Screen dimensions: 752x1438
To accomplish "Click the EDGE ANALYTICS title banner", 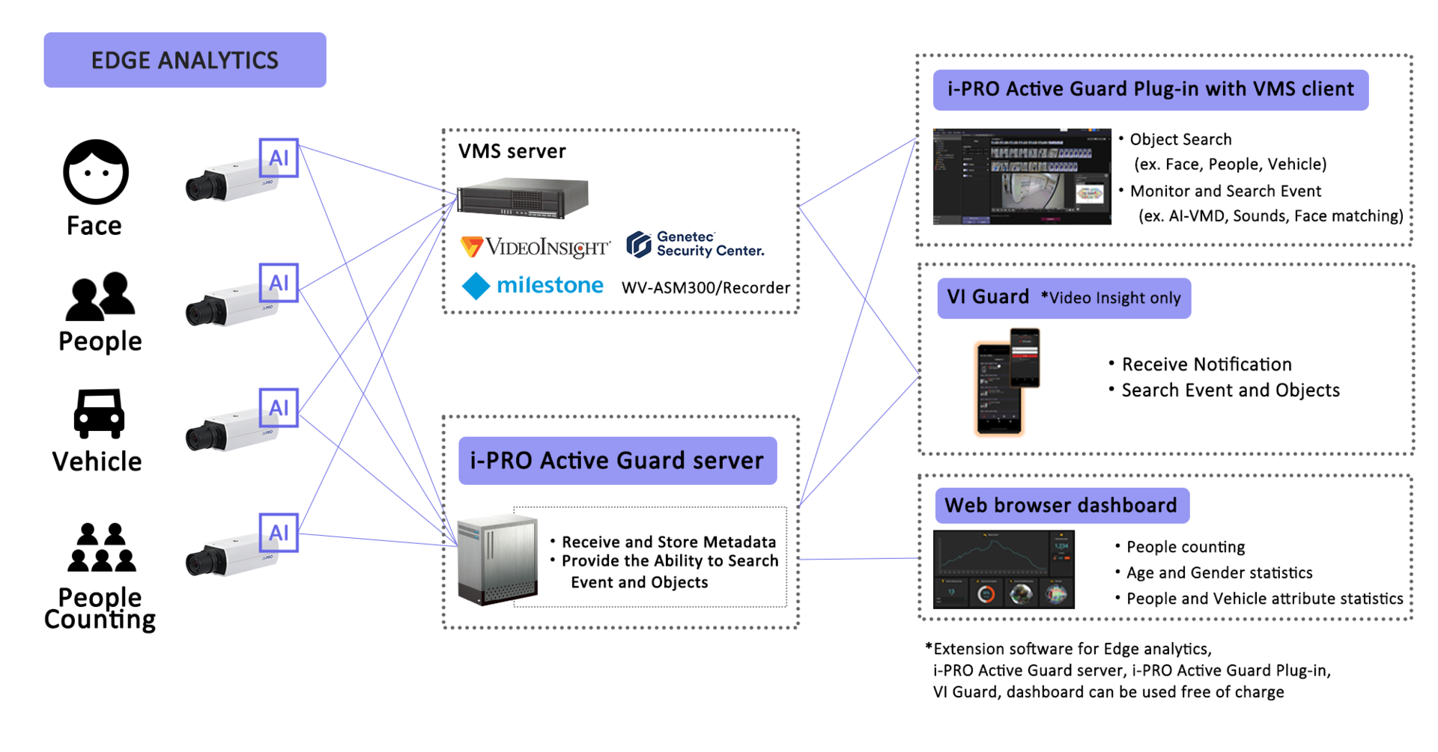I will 184,60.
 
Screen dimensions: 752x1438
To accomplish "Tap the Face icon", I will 96,172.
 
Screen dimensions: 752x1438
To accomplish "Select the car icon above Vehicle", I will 98,413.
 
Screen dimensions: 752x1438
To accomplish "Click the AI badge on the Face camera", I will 279,158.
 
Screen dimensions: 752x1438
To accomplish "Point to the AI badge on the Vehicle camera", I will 279,408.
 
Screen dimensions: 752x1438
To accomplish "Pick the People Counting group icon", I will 101,548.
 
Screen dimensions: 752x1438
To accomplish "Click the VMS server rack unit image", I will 522,198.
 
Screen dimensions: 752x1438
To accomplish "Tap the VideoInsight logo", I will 535,247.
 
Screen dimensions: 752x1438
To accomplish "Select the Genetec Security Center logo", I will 695,244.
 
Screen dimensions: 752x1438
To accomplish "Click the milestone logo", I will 533,285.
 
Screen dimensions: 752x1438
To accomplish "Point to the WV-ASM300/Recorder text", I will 706,288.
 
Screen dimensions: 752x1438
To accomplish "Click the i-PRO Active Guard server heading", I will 617,460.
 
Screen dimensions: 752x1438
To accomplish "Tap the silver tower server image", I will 497,559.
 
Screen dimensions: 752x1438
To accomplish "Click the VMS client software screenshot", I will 1022,177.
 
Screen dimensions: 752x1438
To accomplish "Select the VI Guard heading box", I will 1063,298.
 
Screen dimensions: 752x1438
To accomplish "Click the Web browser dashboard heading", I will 1061,505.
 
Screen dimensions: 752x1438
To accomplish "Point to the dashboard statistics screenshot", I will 1004,569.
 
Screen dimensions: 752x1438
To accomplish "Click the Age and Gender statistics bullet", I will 1219,573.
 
